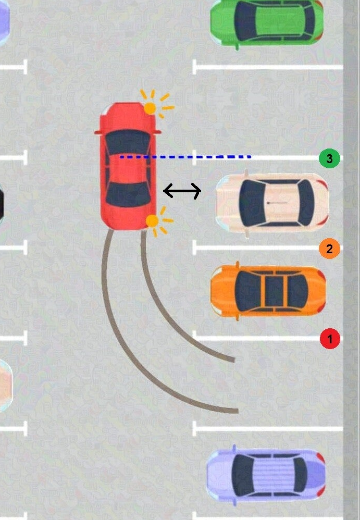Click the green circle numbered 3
[329, 158]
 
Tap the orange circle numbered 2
[329, 249]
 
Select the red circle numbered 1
[329, 339]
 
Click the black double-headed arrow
[182, 191]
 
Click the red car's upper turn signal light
[150, 108]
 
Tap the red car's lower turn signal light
[152, 221]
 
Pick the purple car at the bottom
[266, 474]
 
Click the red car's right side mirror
[157, 133]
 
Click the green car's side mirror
[238, 47]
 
